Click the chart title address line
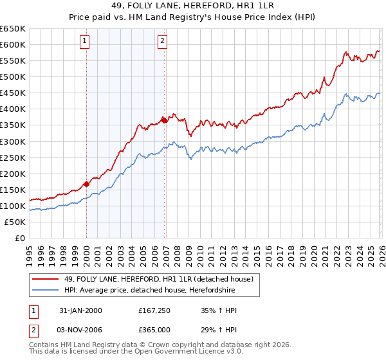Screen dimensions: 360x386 coord(192,6)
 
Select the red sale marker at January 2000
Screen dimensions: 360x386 coord(86,184)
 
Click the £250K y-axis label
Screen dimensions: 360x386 coord(13,157)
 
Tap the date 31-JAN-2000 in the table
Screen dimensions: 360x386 coord(80,310)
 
